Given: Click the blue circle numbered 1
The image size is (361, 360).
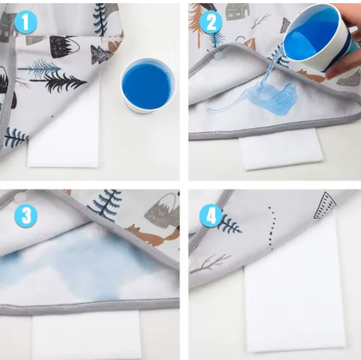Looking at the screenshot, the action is [26, 22].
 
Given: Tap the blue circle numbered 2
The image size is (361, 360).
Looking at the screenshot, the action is [211, 22].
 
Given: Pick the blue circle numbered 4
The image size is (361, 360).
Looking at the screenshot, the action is [211, 215].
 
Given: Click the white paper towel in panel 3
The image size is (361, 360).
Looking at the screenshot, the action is [86, 335].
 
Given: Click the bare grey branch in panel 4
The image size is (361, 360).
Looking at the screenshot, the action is [210, 264].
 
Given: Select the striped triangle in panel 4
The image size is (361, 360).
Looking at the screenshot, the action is [325, 205].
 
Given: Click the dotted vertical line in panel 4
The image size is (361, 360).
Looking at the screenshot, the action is [272, 229].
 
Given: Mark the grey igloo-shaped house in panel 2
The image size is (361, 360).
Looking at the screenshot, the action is [237, 12].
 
